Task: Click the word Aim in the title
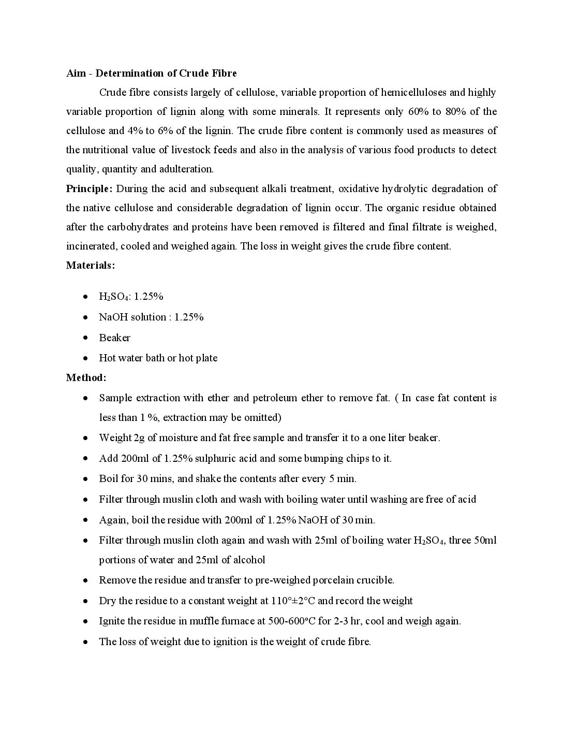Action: pos(76,73)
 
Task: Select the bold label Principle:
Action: pos(89,188)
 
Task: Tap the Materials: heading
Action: pos(91,265)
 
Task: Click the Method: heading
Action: pos(86,377)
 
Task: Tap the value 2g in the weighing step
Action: pos(139,438)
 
